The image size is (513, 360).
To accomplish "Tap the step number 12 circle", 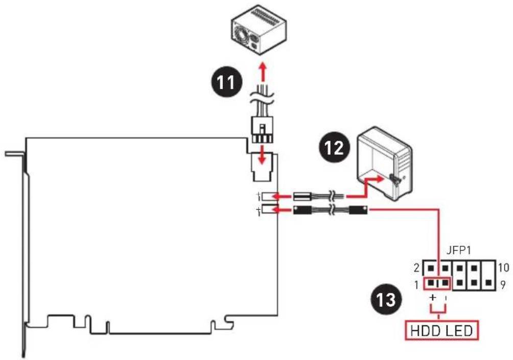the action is pyautogui.click(x=334, y=146).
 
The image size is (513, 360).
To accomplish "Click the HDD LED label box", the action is pyautogui.click(x=441, y=330).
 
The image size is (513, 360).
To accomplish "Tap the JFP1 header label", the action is pyautogui.click(x=459, y=251).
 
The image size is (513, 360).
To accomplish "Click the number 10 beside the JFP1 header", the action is pyautogui.click(x=503, y=267).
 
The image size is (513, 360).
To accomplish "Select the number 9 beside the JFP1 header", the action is pyautogui.click(x=503, y=285).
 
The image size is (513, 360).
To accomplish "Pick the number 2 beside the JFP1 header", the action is pyautogui.click(x=416, y=268).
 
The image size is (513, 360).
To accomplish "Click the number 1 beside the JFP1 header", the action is pyautogui.click(x=416, y=285).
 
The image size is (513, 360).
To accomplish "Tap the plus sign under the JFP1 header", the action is pyautogui.click(x=433, y=298).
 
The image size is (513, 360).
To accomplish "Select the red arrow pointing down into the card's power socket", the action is pyautogui.click(x=262, y=155).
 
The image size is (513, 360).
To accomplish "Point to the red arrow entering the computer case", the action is pyautogui.click(x=365, y=187).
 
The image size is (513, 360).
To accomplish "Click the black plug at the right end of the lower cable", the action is pyautogui.click(x=358, y=210).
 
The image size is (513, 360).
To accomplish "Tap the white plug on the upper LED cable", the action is pyautogui.click(x=301, y=196).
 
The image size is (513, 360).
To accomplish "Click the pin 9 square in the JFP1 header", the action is pyautogui.click(x=488, y=282).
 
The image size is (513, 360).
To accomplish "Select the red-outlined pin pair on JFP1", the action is pyautogui.click(x=437, y=283).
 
